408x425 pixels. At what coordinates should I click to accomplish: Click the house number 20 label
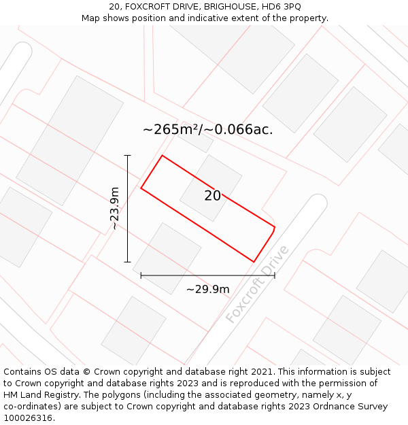212,196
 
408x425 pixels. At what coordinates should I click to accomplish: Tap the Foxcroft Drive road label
258,285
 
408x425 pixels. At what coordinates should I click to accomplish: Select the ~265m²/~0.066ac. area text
208,129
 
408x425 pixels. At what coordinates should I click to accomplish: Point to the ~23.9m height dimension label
115,208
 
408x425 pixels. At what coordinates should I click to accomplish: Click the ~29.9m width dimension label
208,289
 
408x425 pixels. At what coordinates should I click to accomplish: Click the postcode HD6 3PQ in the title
278,6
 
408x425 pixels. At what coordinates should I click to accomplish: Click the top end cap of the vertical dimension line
127,156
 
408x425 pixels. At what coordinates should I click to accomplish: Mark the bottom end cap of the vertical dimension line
127,262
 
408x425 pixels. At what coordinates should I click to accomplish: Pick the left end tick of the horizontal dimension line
141,275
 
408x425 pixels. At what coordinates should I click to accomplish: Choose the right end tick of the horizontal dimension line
275,275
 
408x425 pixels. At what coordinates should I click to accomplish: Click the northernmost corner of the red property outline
162,156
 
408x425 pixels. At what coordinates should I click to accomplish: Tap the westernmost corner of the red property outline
141,188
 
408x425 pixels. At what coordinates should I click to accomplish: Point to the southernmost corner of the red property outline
254,262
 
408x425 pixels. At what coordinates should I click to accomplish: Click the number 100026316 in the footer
28,418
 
